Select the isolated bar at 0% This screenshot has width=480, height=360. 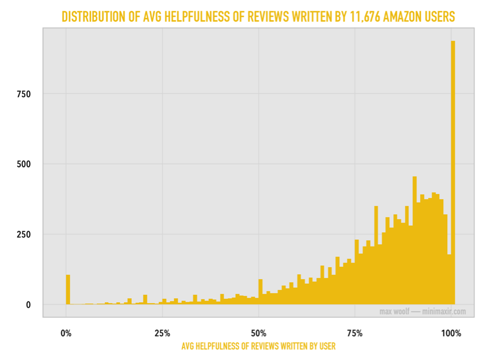pyautogui.click(x=68, y=289)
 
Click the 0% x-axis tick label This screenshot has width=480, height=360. pyautogui.click(x=66, y=334)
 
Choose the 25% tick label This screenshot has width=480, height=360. pyautogui.click(x=162, y=334)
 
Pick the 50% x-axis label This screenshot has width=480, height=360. pyautogui.click(x=258, y=334)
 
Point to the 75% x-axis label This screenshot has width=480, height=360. pyautogui.click(x=354, y=334)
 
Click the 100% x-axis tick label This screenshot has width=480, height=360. pyautogui.click(x=451, y=334)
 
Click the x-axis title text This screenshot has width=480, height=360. pyautogui.click(x=258, y=346)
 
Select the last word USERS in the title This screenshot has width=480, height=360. pyautogui.click(x=442, y=17)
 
